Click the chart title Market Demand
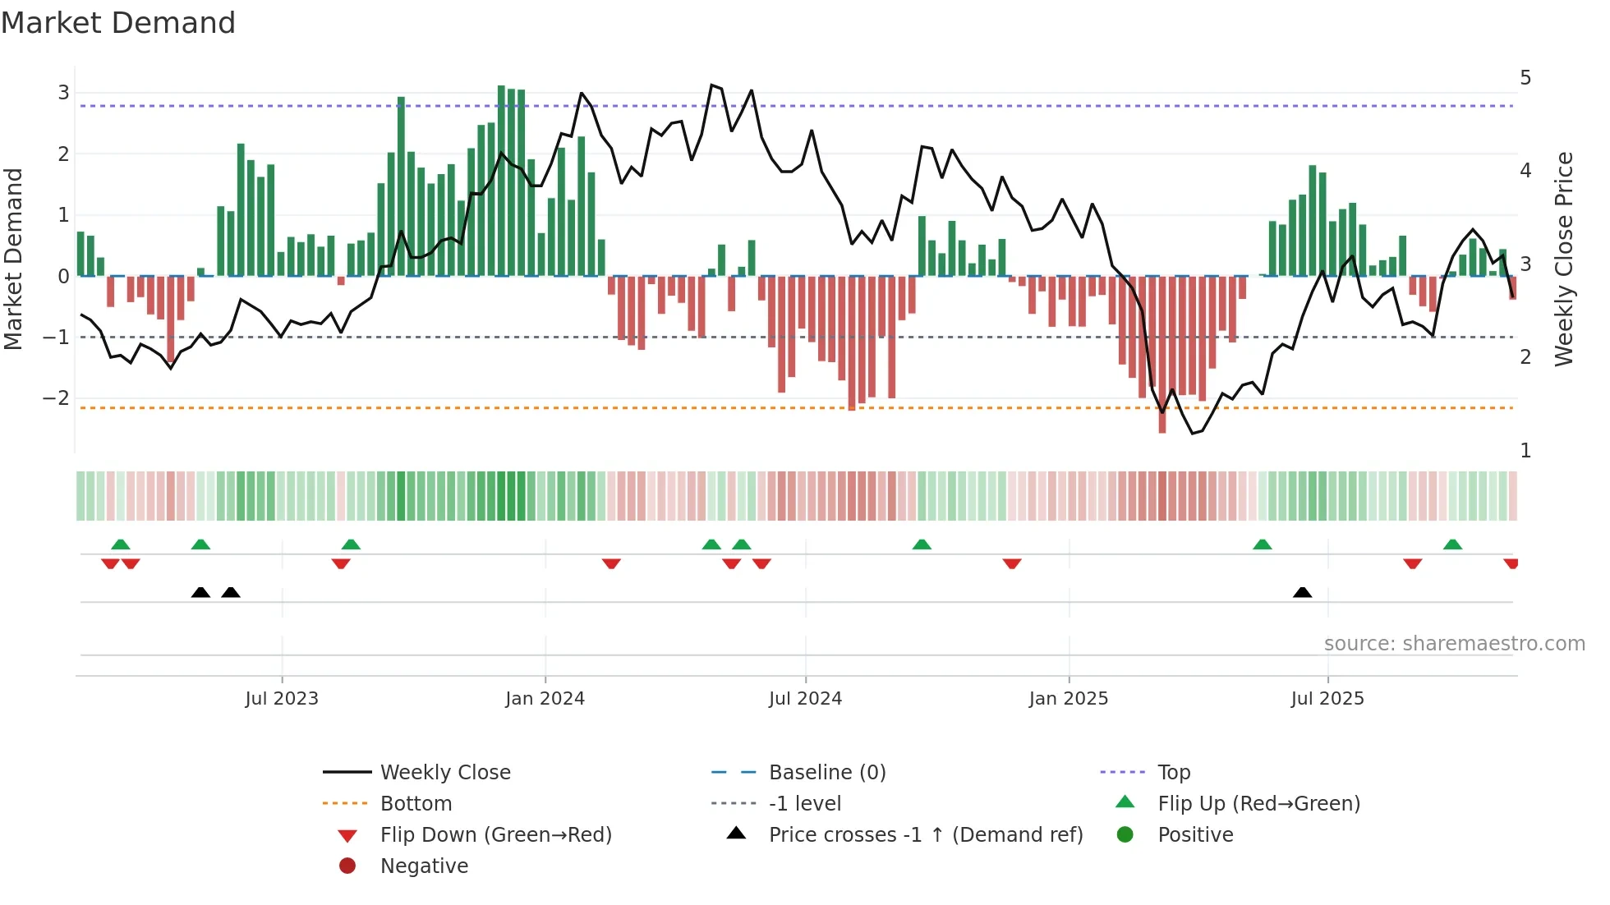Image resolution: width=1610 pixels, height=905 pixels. (118, 23)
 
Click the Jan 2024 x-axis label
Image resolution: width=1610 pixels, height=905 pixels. (545, 699)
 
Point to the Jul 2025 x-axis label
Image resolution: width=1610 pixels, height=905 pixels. (1327, 699)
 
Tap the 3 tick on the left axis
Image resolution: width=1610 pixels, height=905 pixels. (63, 93)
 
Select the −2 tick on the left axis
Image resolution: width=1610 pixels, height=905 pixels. (57, 398)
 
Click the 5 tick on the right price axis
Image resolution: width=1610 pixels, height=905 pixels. (1525, 78)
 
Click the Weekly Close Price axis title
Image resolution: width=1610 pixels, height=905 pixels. (1564, 259)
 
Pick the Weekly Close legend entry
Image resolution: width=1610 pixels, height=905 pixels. (444, 773)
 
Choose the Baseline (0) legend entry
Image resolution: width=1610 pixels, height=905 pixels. (826, 773)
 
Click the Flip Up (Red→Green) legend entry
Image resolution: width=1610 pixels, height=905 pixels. (1258, 804)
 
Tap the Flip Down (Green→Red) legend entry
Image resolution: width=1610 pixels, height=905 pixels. (495, 835)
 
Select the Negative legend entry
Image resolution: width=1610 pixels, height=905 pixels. (424, 866)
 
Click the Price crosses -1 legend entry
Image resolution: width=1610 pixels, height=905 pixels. (925, 835)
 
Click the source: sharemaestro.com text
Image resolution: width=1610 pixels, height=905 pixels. (1454, 644)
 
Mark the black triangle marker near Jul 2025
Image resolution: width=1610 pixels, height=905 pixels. (1302, 592)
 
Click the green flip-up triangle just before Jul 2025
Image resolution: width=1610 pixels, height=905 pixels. (1263, 544)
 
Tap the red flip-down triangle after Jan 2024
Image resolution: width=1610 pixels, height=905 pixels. (611, 563)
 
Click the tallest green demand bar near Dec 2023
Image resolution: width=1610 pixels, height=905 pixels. (501, 181)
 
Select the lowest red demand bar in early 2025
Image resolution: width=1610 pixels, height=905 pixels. (1162, 353)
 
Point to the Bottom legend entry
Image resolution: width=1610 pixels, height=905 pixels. (416, 804)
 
